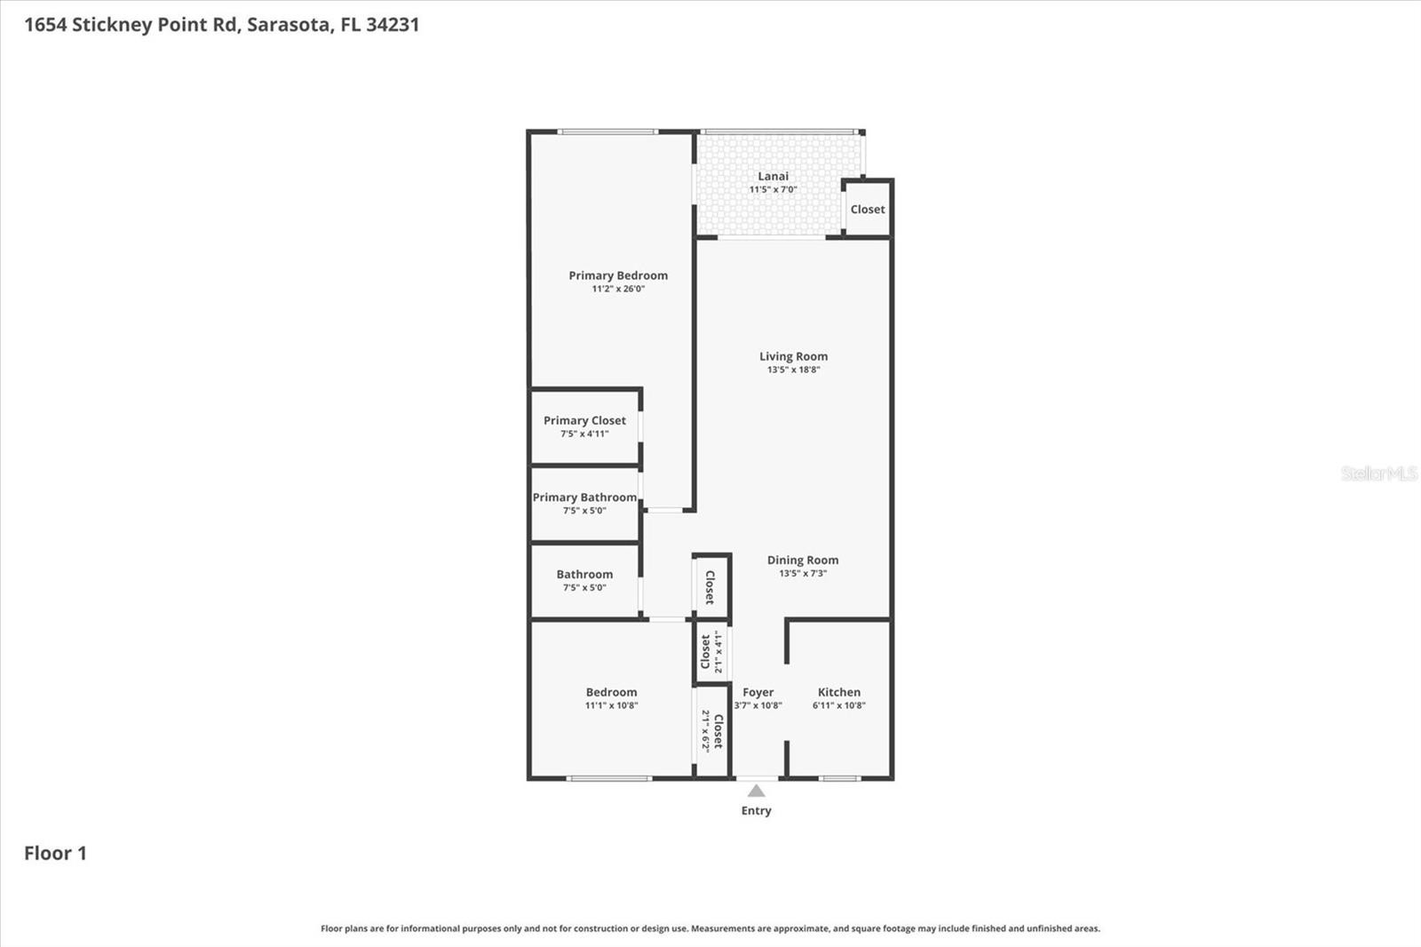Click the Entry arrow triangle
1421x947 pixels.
pyautogui.click(x=756, y=791)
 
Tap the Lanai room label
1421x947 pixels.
pyautogui.click(x=774, y=177)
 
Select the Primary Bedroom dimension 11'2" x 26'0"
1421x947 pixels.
pyautogui.click(x=618, y=289)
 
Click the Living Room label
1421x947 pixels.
pyautogui.click(x=794, y=357)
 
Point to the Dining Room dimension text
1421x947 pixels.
pyautogui.click(x=803, y=574)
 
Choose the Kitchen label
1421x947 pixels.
pyautogui.click(x=839, y=692)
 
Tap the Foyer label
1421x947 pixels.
pyautogui.click(x=758, y=692)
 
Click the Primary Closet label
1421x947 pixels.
pyautogui.click(x=585, y=421)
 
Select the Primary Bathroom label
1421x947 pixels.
pyautogui.click(x=585, y=497)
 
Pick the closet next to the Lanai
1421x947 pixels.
pyautogui.click(x=868, y=210)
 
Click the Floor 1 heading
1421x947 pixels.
pyautogui.click(x=55, y=853)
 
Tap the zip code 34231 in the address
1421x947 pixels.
pyautogui.click(x=393, y=25)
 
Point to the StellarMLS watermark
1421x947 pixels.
pyautogui.click(x=1379, y=473)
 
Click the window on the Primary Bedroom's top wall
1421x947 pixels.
pyautogui.click(x=607, y=132)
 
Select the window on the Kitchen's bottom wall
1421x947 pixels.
pyautogui.click(x=839, y=778)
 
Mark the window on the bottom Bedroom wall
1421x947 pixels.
pyautogui.click(x=609, y=778)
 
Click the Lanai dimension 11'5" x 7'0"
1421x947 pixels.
pyautogui.click(x=774, y=190)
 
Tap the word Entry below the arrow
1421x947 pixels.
pyautogui.click(x=756, y=810)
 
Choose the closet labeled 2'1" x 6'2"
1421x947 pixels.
pyautogui.click(x=712, y=731)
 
